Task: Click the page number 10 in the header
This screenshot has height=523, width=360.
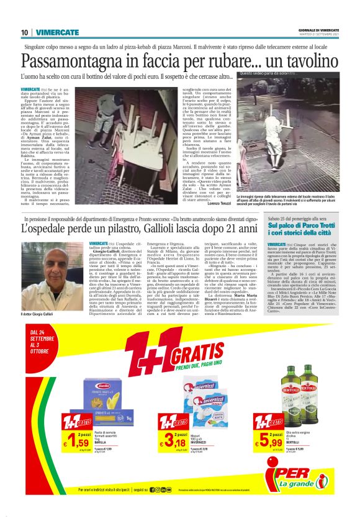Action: pos(24,32)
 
